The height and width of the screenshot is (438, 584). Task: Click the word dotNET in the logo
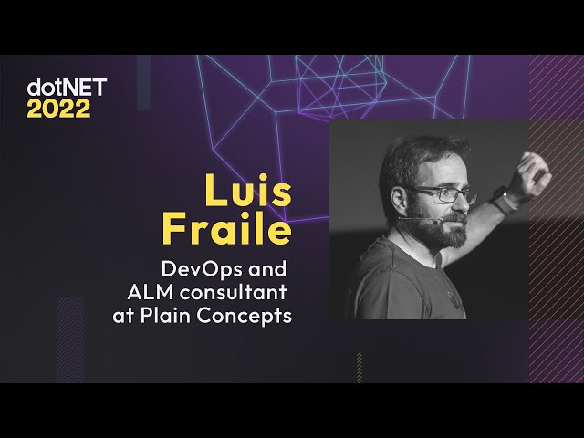67,88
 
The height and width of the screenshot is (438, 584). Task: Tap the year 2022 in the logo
58,109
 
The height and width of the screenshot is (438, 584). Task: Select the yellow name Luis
246,193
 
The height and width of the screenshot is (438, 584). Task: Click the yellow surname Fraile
226,229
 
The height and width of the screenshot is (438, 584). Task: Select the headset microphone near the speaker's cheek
416,219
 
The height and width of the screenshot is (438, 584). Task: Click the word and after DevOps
269,271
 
